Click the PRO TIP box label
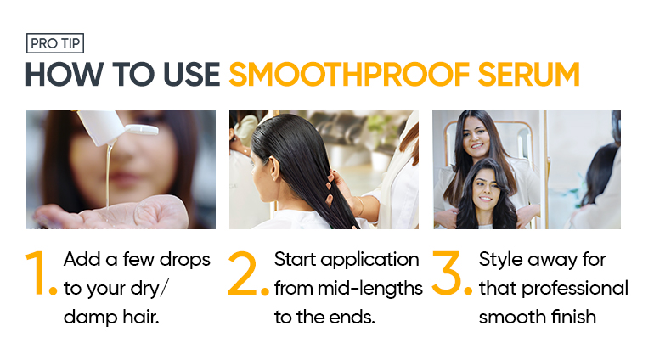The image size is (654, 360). point(55,43)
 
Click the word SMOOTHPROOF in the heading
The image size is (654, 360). point(349,75)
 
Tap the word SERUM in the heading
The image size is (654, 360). point(529,75)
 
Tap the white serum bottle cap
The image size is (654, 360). point(142,130)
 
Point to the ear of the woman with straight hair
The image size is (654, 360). point(273,168)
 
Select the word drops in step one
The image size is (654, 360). point(185,260)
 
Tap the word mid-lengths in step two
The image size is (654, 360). point(370,289)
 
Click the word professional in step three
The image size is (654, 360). point(575,289)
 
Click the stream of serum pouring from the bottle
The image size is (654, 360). point(109,175)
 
